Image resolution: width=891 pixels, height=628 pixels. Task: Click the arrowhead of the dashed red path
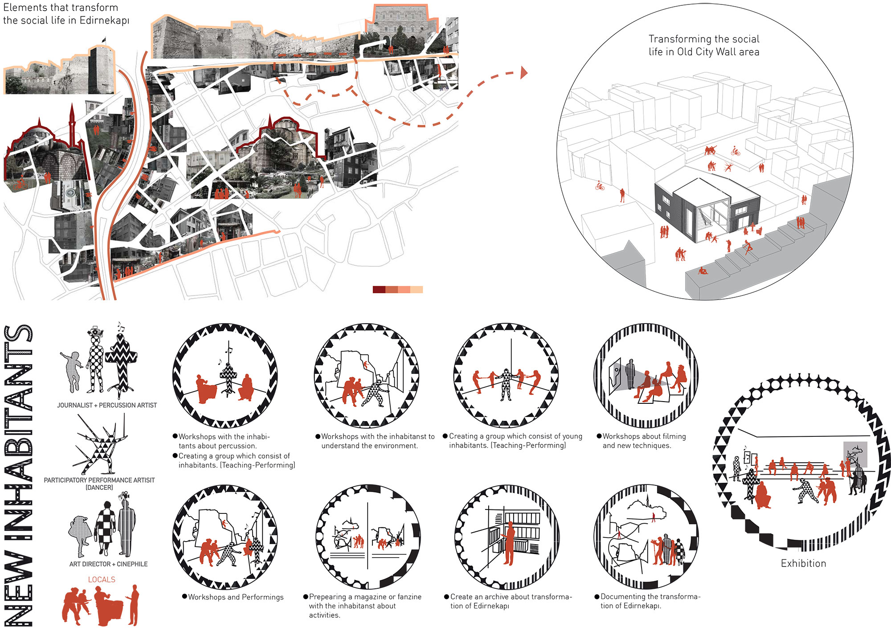click(x=524, y=72)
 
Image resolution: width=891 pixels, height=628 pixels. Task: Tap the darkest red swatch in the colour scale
click(x=379, y=290)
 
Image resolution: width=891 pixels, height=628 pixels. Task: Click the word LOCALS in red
click(x=102, y=579)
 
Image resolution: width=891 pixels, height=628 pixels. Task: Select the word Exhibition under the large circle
click(x=803, y=563)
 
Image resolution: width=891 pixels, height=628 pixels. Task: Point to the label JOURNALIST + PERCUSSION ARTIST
click(x=107, y=405)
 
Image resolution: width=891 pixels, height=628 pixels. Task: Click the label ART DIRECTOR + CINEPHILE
click(x=108, y=564)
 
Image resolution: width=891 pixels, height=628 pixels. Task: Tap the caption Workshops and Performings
click(x=236, y=597)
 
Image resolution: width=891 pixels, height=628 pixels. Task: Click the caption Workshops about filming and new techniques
click(x=644, y=441)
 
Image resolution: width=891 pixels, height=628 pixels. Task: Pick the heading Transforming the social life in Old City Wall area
click(x=704, y=45)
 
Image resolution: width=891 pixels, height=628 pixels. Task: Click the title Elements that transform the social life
click(x=66, y=14)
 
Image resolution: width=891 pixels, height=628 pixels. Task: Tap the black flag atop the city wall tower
click(x=104, y=40)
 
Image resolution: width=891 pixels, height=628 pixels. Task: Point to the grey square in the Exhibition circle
click(x=855, y=454)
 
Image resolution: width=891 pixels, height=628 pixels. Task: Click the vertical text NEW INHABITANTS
click(x=19, y=475)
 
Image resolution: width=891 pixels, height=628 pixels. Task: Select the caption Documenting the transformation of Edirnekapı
click(x=650, y=601)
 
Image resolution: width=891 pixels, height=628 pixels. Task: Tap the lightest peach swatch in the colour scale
click(x=417, y=290)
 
